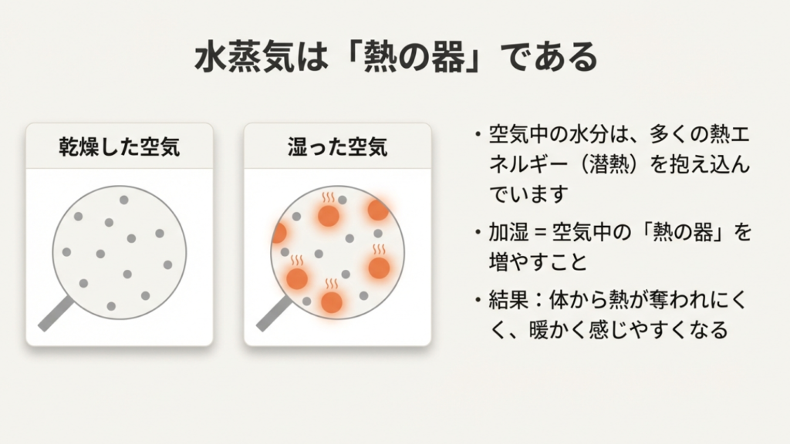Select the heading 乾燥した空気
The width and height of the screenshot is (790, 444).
pyautogui.click(x=120, y=146)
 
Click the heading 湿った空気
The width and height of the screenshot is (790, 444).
pyautogui.click(x=336, y=146)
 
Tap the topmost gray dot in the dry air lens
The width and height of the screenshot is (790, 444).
pyautogui.click(x=123, y=200)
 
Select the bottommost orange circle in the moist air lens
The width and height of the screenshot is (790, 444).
pyautogui.click(x=332, y=302)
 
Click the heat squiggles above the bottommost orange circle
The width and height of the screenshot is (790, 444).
pyautogui.click(x=331, y=284)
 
